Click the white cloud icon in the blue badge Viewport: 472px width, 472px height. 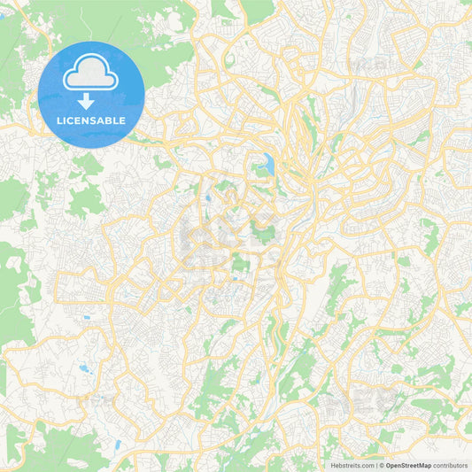[91, 74]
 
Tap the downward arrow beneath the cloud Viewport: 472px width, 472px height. [91, 100]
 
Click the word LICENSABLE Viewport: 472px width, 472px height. [91, 121]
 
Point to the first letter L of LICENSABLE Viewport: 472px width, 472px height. [59, 121]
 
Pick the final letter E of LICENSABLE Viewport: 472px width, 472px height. [123, 121]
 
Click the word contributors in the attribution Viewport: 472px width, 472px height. [452, 465]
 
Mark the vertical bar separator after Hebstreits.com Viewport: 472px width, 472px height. [375, 465]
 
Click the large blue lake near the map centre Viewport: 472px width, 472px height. [267, 163]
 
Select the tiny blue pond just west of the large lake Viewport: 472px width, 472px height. [207, 199]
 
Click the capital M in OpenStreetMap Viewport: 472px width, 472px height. [426, 465]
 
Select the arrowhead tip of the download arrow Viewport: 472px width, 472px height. [91, 108]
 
